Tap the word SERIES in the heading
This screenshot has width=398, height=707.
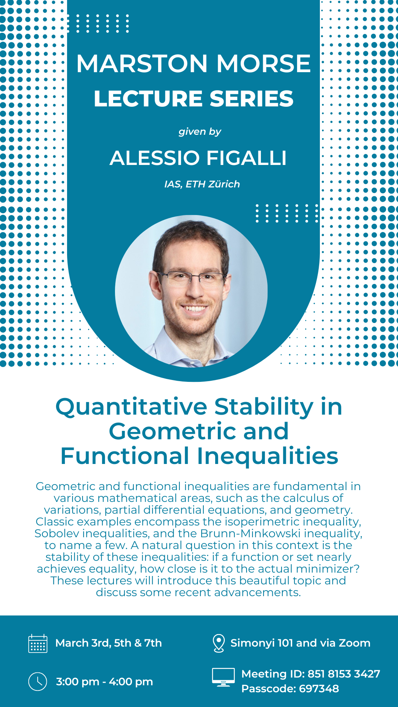(x=252, y=99)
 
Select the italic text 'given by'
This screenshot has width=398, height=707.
(x=200, y=132)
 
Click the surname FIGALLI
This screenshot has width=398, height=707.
(x=247, y=158)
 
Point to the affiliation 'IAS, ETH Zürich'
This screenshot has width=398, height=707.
(x=202, y=184)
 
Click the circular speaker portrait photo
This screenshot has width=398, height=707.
(x=191, y=291)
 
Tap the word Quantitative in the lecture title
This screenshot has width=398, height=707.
(x=132, y=407)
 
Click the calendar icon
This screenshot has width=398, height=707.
(x=38, y=643)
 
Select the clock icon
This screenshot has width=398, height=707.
(x=38, y=682)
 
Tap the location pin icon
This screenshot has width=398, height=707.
(x=219, y=643)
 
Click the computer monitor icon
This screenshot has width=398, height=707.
(x=223, y=677)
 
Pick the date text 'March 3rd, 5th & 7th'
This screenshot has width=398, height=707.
(x=109, y=643)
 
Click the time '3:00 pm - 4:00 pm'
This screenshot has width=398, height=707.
(x=104, y=682)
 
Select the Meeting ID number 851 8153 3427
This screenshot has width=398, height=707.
(x=344, y=674)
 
